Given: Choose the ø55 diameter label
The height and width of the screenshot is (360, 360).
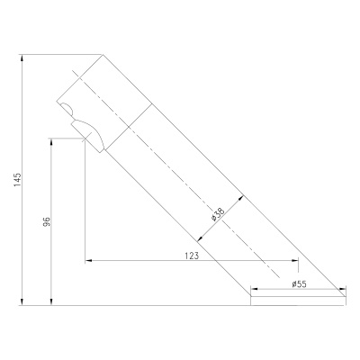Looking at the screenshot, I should pyautogui.click(x=299, y=284).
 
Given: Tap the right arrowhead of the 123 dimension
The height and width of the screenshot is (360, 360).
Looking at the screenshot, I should pyautogui.click(x=294, y=262).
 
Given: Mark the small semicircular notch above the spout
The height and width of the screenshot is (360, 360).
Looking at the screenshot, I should pyautogui.click(x=67, y=110).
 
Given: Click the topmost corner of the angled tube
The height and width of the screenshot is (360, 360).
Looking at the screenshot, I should pyautogui.click(x=102, y=53).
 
